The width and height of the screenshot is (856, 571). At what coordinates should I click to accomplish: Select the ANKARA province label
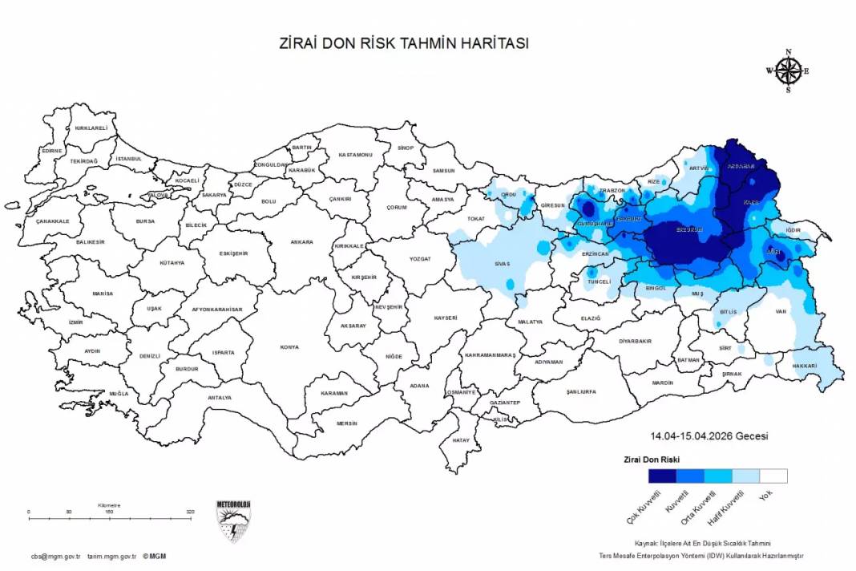pyautogui.click(x=301, y=241)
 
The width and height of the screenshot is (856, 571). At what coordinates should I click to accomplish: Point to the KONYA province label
pyautogui.click(x=289, y=347)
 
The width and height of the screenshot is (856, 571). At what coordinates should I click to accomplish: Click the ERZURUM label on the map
pyautogui.click(x=689, y=229)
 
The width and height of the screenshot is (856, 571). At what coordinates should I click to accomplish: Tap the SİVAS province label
pyautogui.click(x=503, y=264)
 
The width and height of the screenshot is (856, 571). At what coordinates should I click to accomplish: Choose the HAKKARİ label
pyautogui.click(x=804, y=366)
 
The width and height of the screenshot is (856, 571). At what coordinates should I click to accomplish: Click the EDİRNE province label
pyautogui.click(x=52, y=151)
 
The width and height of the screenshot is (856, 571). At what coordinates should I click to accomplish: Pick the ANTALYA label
pyautogui.click(x=219, y=398)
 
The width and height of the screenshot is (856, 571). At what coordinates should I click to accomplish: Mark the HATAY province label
pyautogui.click(x=460, y=440)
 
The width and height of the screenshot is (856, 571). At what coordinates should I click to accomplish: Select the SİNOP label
pyautogui.click(x=406, y=148)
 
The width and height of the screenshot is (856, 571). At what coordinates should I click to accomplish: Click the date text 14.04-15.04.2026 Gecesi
pyautogui.click(x=709, y=436)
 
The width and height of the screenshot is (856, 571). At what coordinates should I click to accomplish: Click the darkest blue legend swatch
pyautogui.click(x=662, y=476)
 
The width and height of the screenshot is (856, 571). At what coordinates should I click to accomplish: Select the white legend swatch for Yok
pyautogui.click(x=773, y=476)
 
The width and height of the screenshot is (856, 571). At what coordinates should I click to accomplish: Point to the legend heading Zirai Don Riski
pyautogui.click(x=652, y=460)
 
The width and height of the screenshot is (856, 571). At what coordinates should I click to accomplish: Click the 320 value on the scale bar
pyautogui.click(x=190, y=511)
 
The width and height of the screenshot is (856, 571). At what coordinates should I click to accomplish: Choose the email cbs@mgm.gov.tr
pyautogui.click(x=55, y=556)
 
